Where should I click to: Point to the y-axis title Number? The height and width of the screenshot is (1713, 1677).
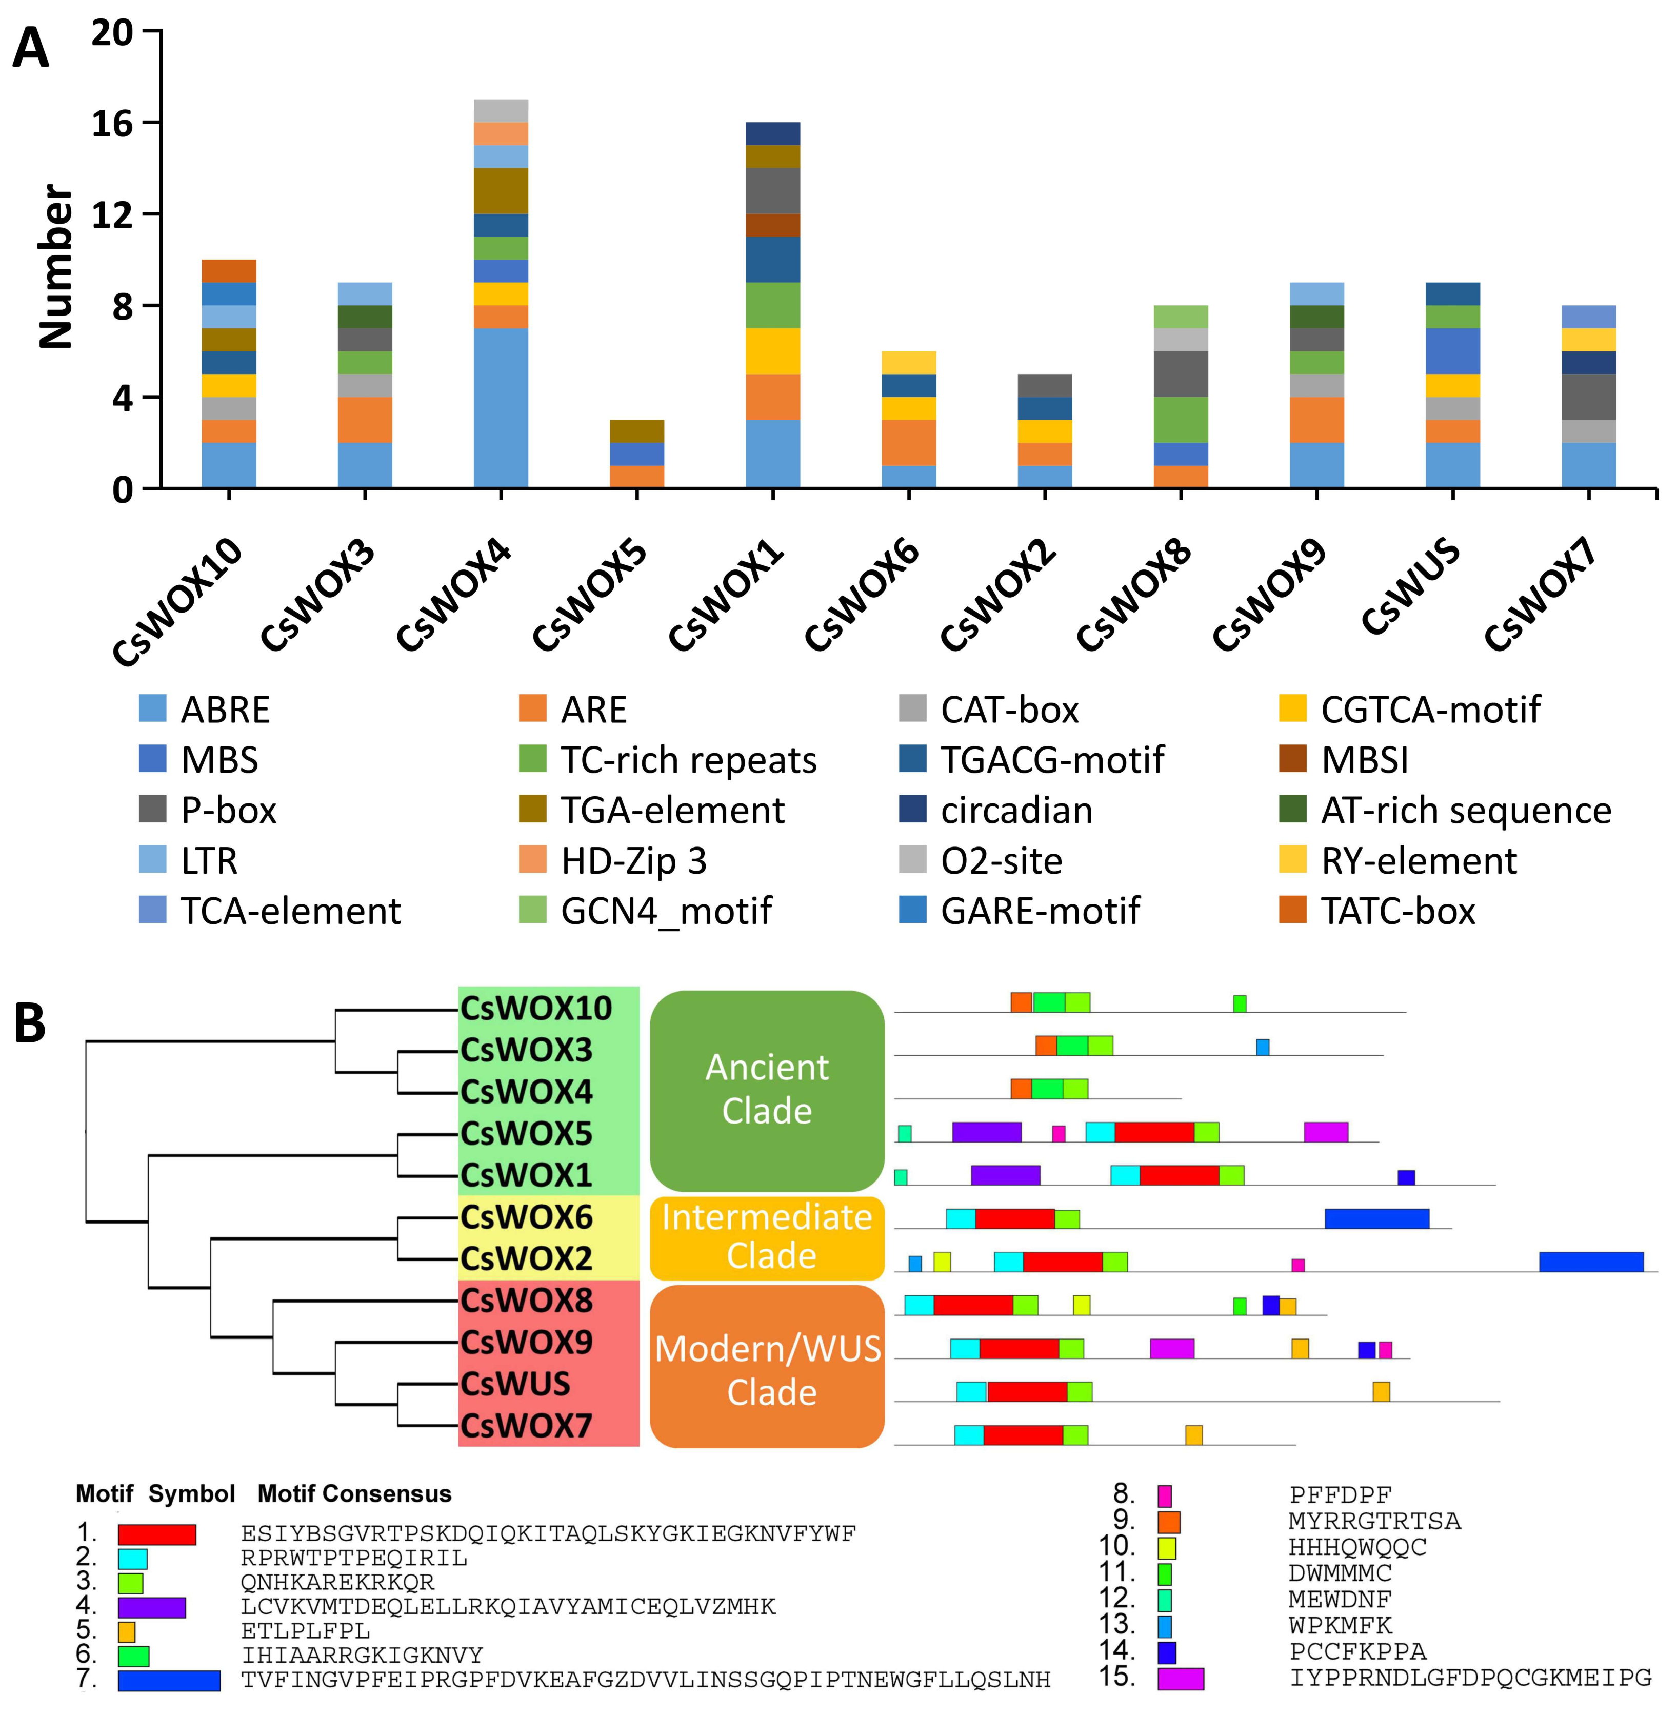(54, 266)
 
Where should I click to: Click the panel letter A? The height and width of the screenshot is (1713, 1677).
(31, 48)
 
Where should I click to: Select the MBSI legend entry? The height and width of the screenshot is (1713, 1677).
(1364, 760)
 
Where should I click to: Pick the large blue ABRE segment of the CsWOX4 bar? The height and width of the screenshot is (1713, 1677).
(501, 408)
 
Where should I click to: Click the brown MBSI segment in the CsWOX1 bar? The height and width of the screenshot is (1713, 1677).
(772, 226)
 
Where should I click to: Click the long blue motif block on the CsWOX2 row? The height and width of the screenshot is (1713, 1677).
(1591, 1262)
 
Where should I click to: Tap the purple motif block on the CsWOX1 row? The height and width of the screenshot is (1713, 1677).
(1005, 1175)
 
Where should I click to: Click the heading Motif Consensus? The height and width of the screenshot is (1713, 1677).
(354, 1493)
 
